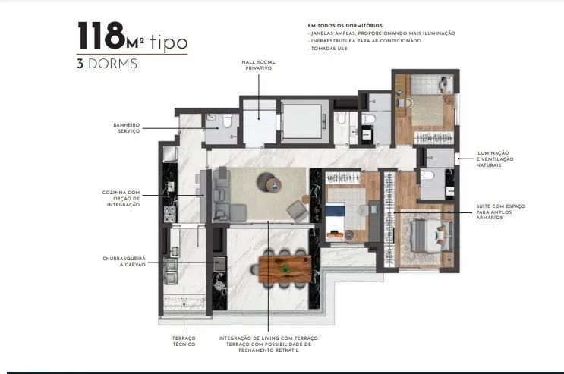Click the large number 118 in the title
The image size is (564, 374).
click(x=101, y=35)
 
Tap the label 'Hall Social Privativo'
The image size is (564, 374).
click(x=258, y=65)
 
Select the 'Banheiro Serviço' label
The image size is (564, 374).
click(x=126, y=128)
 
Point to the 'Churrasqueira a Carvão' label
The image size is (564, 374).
click(x=124, y=262)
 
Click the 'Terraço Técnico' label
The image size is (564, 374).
click(x=184, y=341)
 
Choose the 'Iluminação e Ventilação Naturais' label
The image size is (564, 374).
click(x=495, y=159)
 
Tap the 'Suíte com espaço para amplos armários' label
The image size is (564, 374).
click(x=500, y=212)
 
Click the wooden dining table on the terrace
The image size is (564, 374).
click(x=285, y=269)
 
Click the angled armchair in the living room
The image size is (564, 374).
click(x=298, y=211)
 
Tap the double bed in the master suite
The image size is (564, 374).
click(x=431, y=234)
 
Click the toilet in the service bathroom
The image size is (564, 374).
click(x=227, y=121)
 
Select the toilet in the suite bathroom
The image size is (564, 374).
click(x=427, y=176)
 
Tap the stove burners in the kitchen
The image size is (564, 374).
click(x=170, y=214)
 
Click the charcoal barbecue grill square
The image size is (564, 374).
click(x=219, y=264)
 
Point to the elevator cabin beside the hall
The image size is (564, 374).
click(x=303, y=121)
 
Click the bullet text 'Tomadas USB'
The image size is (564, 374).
click(x=329, y=49)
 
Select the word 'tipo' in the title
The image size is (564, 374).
click(x=169, y=42)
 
